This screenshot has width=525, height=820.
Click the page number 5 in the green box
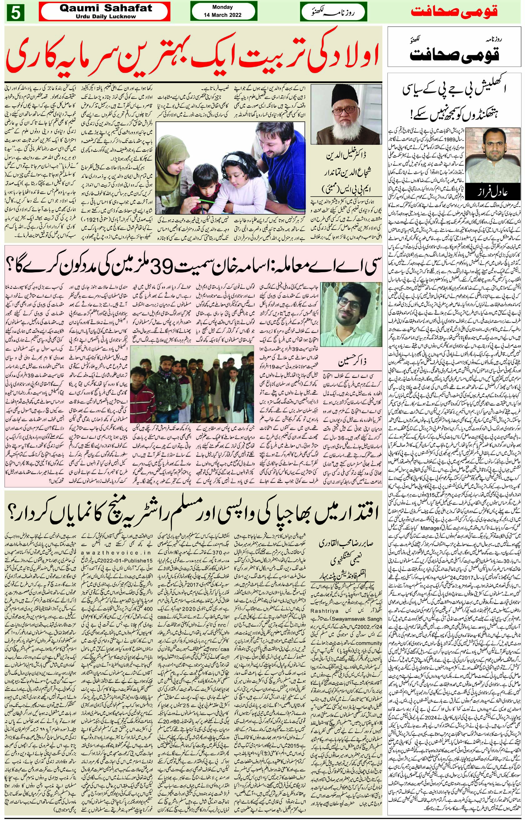tap(14, 12)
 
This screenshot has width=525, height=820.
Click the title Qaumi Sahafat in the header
tap(105, 8)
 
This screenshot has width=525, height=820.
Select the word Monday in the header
tap(222, 7)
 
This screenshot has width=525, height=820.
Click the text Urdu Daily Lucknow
tap(105, 17)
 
